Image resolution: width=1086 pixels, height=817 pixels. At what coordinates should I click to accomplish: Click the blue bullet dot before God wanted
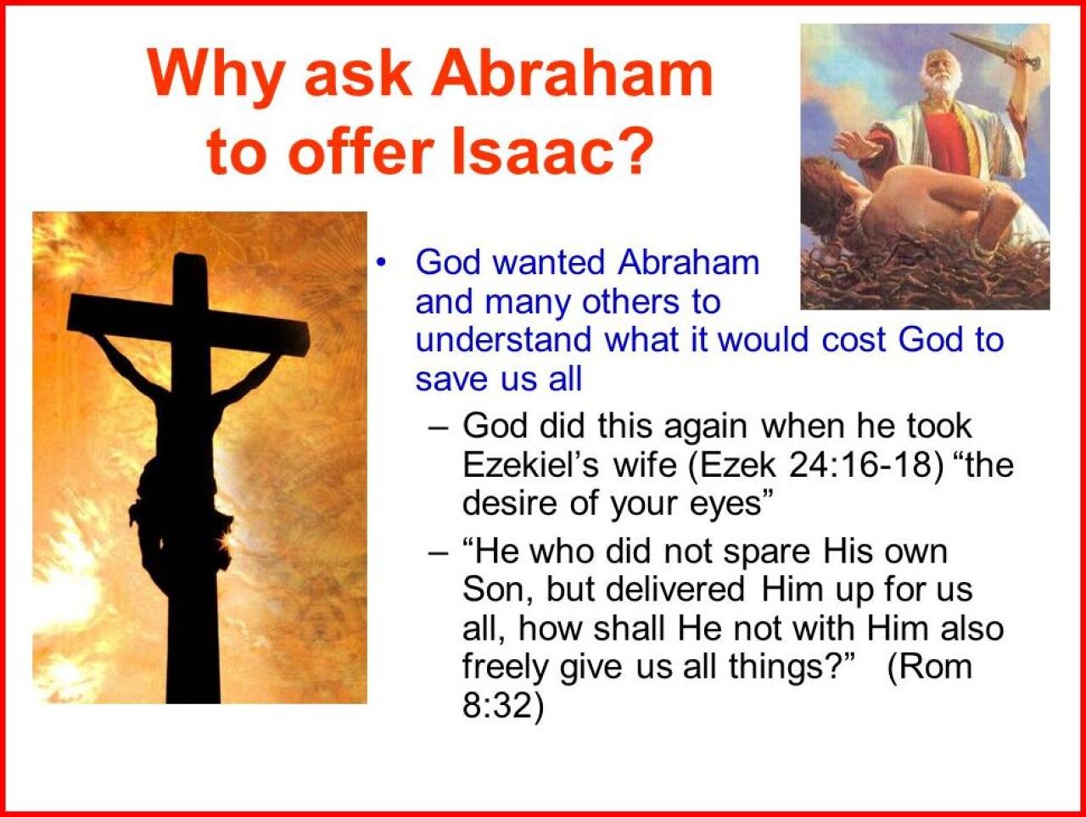[379, 263]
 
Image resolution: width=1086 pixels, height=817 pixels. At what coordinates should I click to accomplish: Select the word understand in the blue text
[504, 340]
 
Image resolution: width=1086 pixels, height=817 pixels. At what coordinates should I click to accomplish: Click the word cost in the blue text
[853, 341]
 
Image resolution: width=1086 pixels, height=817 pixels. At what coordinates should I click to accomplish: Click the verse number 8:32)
[502, 705]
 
